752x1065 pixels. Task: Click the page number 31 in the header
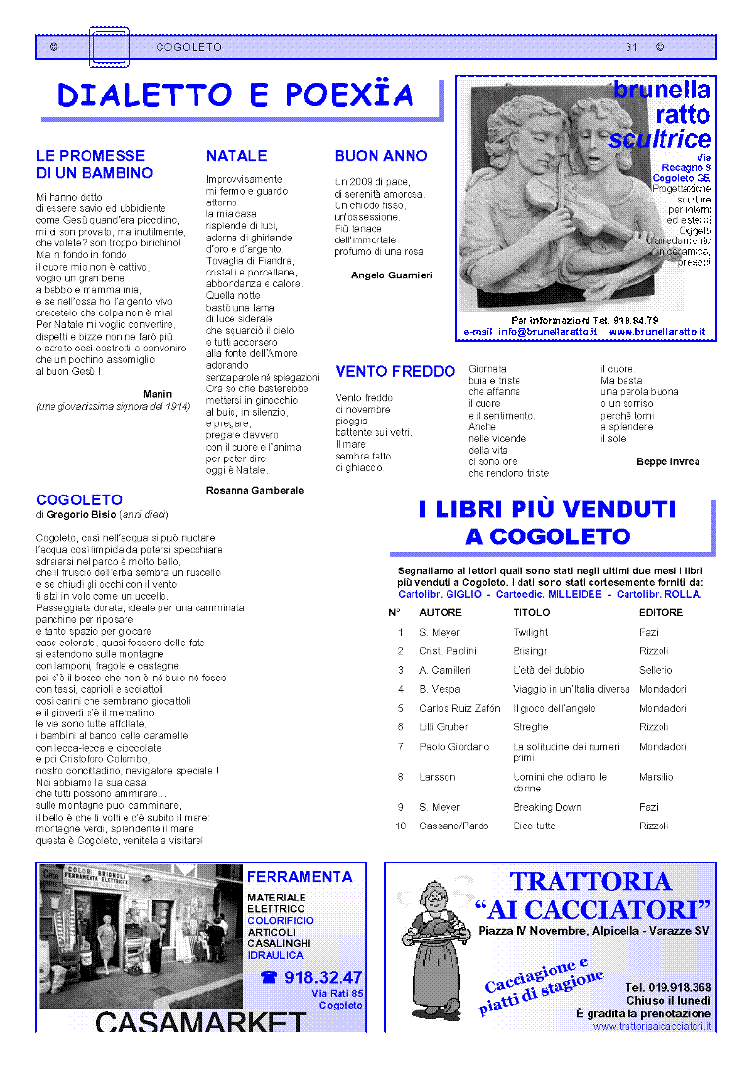tap(631, 47)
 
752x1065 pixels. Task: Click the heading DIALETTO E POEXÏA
tap(235, 95)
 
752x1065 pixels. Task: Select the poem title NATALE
tap(236, 156)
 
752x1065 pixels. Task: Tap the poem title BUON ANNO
tap(380, 156)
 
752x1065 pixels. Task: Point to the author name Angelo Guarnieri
tap(391, 275)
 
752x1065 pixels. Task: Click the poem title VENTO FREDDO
tap(395, 371)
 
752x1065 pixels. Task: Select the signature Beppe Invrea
tap(667, 461)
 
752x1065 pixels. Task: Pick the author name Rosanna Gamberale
tap(255, 490)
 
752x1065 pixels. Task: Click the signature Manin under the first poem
tap(158, 394)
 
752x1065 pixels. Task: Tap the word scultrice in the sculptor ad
tap(660, 139)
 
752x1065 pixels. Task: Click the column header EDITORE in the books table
tap(661, 613)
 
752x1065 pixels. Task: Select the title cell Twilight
tap(530, 633)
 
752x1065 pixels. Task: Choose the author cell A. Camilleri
tap(445, 670)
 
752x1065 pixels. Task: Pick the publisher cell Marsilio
tap(656, 777)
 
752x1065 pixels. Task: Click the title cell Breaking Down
tap(547, 807)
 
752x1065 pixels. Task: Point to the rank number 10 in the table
tap(400, 826)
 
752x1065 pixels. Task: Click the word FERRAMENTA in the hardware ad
tap(300, 877)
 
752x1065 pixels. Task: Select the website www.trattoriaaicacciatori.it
tap(652, 1025)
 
